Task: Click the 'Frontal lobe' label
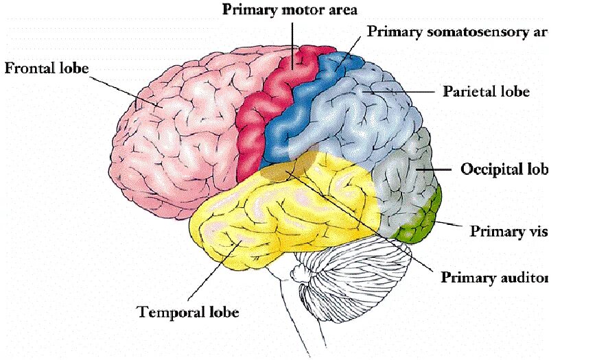[47, 69]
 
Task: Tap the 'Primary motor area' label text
[290, 10]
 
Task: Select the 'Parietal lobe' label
[486, 91]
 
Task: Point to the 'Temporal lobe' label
[188, 313]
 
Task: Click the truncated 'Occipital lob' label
[504, 169]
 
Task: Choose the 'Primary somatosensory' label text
[456, 32]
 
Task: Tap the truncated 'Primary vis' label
[508, 231]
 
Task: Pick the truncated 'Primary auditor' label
[494, 278]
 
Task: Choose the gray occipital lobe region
[405, 178]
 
